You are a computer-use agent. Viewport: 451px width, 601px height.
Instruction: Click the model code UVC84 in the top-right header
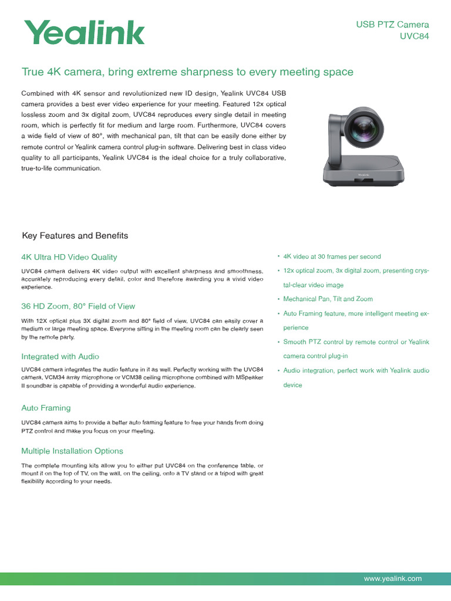[x=414, y=36]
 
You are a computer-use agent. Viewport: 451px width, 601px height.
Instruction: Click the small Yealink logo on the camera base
[x=366, y=175]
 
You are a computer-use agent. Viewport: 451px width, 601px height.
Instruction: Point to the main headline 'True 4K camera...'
[x=187, y=72]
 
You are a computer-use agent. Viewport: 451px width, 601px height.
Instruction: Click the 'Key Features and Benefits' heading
[x=75, y=236]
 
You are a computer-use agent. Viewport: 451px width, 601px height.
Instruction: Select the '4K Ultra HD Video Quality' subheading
[x=69, y=257]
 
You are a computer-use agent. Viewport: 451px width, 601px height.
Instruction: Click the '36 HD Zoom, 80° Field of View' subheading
[x=78, y=306]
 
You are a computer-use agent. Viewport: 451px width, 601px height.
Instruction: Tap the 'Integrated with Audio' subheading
[x=60, y=357]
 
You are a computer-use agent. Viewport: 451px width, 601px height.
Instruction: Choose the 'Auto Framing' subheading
[x=46, y=408]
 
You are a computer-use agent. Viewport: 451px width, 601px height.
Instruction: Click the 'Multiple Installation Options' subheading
[x=72, y=451]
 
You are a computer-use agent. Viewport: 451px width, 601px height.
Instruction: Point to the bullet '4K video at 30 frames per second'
[x=332, y=257]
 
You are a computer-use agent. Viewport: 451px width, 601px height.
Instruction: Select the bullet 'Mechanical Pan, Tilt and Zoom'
[x=328, y=299]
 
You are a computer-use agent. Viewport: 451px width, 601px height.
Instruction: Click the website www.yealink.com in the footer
[x=393, y=579]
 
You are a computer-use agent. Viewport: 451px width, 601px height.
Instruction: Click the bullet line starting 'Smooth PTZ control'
[x=356, y=342]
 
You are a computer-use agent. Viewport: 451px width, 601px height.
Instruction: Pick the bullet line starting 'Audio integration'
[x=356, y=371]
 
